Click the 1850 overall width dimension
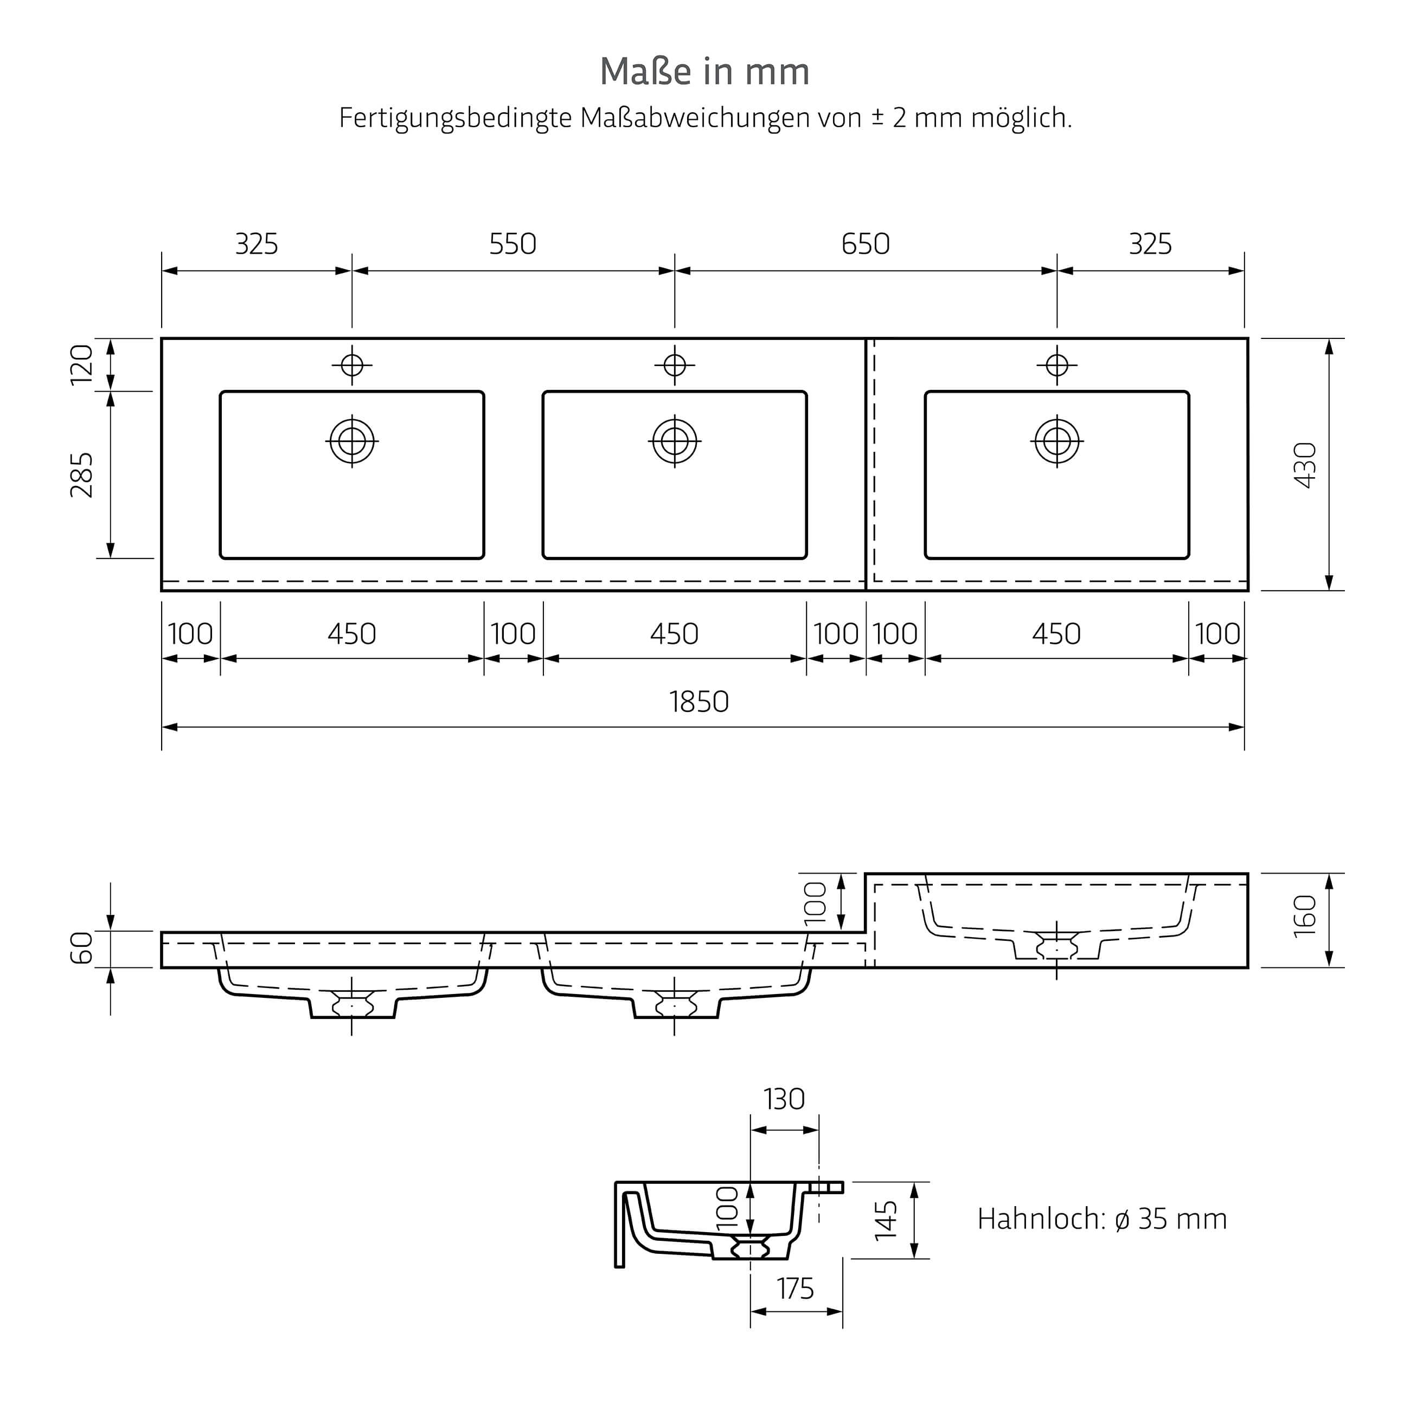pyautogui.click(x=699, y=702)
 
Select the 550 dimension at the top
pyautogui.click(x=512, y=243)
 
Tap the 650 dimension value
pyautogui.click(x=866, y=243)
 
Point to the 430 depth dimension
pyautogui.click(x=1305, y=465)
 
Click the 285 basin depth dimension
pyautogui.click(x=82, y=475)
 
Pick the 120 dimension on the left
pyautogui.click(x=82, y=364)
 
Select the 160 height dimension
pyautogui.click(x=1305, y=916)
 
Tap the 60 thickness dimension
pyautogui.click(x=82, y=948)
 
